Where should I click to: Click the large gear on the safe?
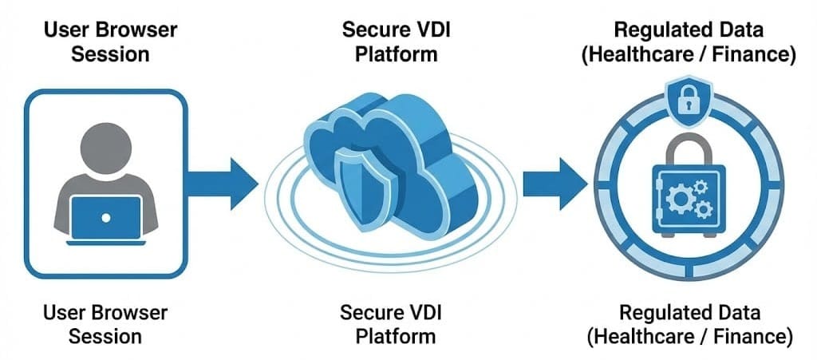pos(679,197)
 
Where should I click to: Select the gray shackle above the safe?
pos(688,148)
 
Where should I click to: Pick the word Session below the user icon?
pos(107,336)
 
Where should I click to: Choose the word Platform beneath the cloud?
pos(396,335)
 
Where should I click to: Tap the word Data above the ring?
pos(743,31)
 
